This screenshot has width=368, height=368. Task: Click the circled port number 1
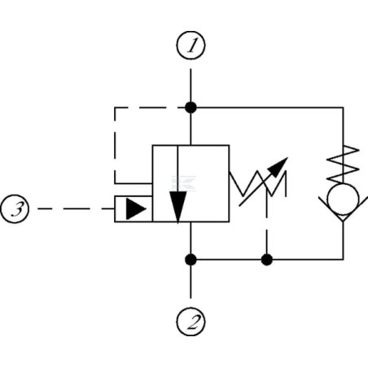point(191,46)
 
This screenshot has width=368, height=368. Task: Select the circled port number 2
point(191,322)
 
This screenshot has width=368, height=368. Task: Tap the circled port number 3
point(15,209)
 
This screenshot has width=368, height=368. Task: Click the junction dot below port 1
point(191,107)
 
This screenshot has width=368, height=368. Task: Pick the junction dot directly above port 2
point(191,260)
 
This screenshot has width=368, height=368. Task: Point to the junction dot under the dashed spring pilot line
point(267,260)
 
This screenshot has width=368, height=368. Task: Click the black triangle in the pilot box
point(136,209)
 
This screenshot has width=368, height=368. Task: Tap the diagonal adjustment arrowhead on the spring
point(278,168)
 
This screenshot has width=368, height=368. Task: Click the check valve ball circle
point(343,199)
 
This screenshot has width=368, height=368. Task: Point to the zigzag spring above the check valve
point(343,164)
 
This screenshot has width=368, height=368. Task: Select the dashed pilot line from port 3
point(76,208)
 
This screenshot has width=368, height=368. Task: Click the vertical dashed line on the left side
point(115,146)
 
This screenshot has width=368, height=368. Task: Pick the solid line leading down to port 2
point(191,282)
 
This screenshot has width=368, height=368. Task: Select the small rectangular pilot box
point(134,208)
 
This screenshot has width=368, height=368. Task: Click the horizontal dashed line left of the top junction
point(150,107)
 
